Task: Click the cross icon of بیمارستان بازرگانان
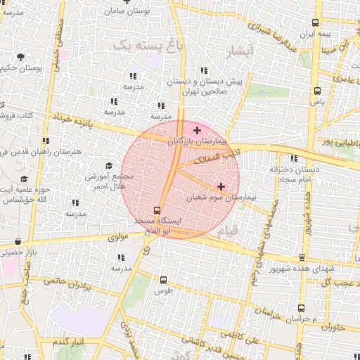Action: click(x=197, y=130)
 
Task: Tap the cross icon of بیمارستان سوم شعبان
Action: click(x=221, y=186)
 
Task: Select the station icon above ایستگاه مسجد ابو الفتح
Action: click(x=157, y=210)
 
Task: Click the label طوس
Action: click(x=163, y=290)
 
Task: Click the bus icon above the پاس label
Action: click(x=317, y=91)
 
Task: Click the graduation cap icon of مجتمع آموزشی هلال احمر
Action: click(x=109, y=166)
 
